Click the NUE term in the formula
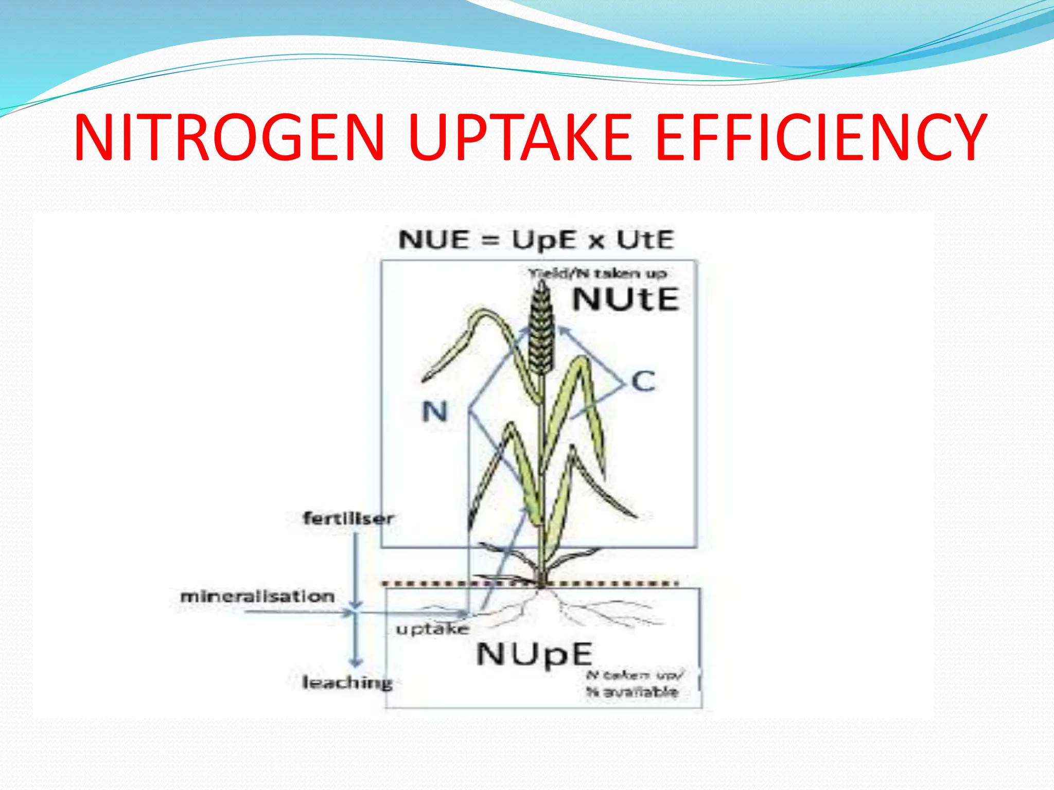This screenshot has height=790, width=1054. (x=434, y=240)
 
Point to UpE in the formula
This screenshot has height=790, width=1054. (x=543, y=240)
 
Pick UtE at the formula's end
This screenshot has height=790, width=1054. (x=645, y=240)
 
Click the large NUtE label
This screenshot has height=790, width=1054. (x=626, y=299)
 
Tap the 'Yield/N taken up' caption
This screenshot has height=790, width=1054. (x=598, y=273)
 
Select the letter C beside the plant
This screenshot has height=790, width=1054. (x=643, y=382)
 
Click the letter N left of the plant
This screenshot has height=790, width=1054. (x=435, y=412)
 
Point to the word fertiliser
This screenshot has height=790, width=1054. (x=348, y=518)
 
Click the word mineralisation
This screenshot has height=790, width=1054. (x=257, y=597)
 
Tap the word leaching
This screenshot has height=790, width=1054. (x=347, y=683)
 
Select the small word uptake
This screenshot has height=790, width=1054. (x=432, y=629)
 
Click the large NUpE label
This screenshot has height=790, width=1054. (x=534, y=655)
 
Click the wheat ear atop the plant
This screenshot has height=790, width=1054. (x=541, y=329)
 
